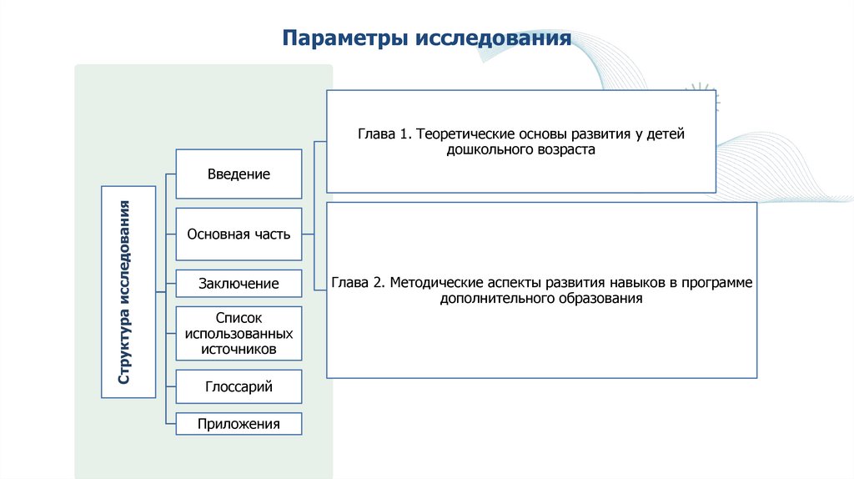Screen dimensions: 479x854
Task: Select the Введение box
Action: (x=239, y=174)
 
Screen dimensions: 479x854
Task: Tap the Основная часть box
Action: (x=239, y=234)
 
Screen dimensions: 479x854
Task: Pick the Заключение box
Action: (x=239, y=284)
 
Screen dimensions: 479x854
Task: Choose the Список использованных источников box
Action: (x=239, y=334)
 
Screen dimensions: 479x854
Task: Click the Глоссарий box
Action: (x=239, y=387)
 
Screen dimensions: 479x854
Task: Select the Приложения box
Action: (x=239, y=424)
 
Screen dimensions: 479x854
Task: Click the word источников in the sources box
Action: (x=239, y=350)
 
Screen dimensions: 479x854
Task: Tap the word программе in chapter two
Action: (x=717, y=283)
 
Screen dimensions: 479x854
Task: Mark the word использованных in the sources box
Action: (x=239, y=334)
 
